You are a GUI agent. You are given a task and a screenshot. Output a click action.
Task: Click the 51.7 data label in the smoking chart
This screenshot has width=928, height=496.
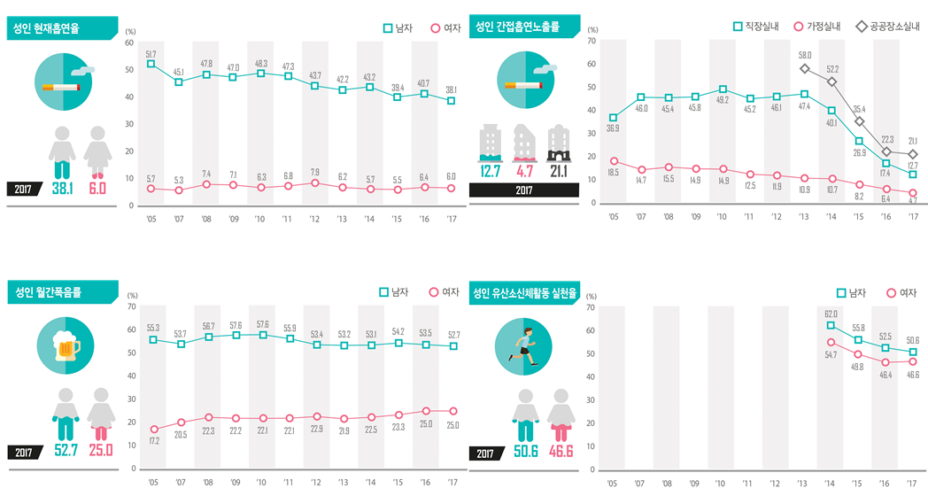pos(151,54)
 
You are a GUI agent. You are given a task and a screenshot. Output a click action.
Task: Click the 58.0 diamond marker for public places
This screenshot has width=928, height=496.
pos(805,68)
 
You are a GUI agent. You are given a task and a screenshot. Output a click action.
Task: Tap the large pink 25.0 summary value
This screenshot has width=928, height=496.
pos(101,451)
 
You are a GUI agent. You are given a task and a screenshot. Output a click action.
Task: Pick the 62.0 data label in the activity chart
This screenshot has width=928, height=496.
pos(831,314)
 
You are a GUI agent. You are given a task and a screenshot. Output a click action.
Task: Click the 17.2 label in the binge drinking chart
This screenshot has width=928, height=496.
pos(154,440)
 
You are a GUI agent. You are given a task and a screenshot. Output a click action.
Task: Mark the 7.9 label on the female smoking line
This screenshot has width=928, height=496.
pos(314,172)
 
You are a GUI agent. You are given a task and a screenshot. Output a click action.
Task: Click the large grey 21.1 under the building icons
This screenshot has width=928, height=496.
pos(559,170)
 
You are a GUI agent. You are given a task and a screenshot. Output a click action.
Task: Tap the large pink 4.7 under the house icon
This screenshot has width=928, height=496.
pos(524,170)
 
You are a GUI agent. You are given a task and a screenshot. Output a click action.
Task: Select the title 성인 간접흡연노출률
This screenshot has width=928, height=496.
pos(517,27)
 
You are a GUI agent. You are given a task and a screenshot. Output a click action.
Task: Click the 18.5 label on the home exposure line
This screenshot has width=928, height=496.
pos(613,173)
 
